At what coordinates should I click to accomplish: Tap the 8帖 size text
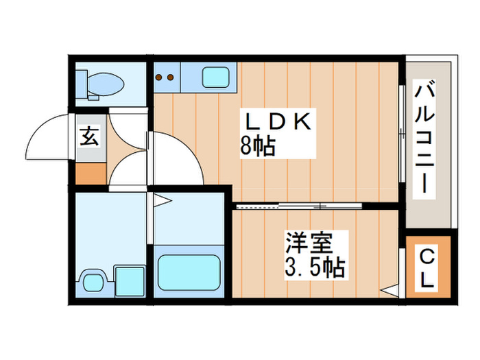pos(258,147)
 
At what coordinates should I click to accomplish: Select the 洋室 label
pos(309,243)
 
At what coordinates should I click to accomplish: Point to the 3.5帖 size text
pos(314,267)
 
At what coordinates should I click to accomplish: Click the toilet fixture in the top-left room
pos(101,83)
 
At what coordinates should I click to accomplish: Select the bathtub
pos(189,272)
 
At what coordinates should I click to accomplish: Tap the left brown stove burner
pos(160,77)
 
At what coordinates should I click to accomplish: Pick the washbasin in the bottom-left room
pos(92,281)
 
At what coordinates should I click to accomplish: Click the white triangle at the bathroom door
pos(162,201)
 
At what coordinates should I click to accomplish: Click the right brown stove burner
pos(170,77)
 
